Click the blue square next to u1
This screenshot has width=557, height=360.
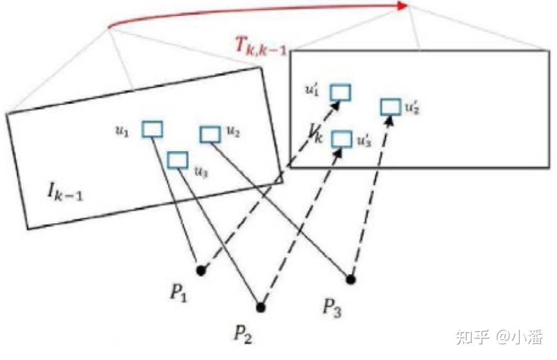153,129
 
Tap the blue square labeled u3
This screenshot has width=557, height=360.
178,160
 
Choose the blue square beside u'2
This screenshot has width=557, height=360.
391,107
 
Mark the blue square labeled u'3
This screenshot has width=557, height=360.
341,139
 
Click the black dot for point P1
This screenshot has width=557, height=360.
201,270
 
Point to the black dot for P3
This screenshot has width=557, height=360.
351,280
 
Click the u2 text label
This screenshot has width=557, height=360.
233,133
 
